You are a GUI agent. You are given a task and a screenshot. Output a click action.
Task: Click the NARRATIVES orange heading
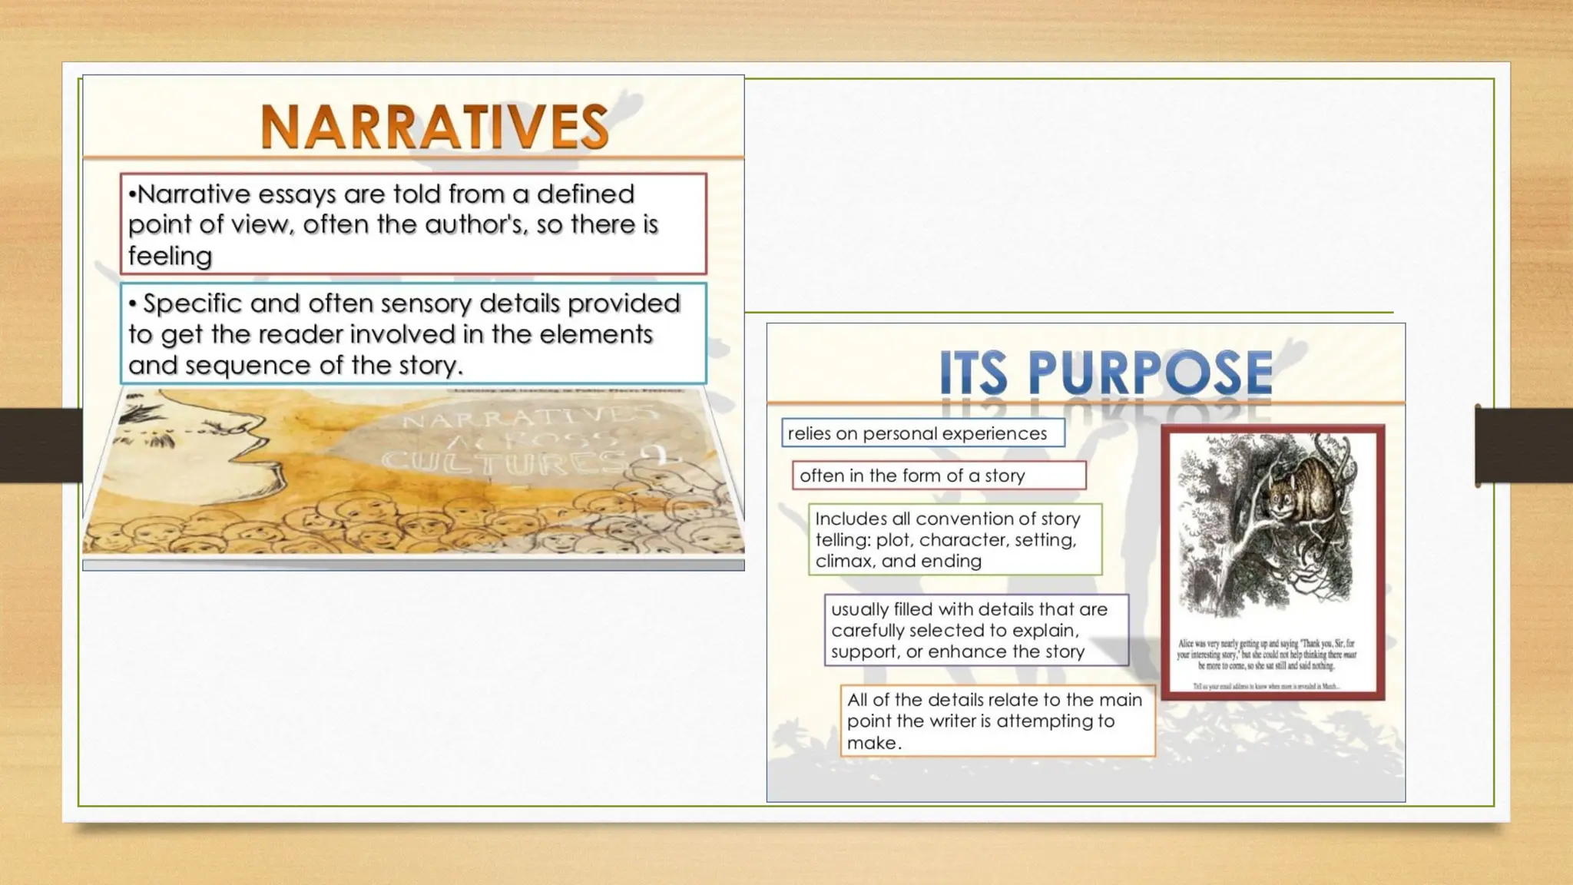[x=435, y=127]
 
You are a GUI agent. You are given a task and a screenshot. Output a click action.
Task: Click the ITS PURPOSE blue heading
[x=1105, y=373]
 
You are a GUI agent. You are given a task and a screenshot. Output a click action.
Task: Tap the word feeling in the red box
[x=170, y=256]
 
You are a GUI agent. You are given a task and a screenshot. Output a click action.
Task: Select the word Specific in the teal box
[x=193, y=303]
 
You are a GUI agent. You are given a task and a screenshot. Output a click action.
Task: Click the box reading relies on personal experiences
[x=922, y=433]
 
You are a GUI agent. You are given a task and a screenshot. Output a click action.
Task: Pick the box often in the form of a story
[x=939, y=476]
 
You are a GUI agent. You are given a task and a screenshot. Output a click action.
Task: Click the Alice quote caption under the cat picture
[x=1267, y=655]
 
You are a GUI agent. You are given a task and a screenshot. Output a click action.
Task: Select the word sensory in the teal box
[x=426, y=303]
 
